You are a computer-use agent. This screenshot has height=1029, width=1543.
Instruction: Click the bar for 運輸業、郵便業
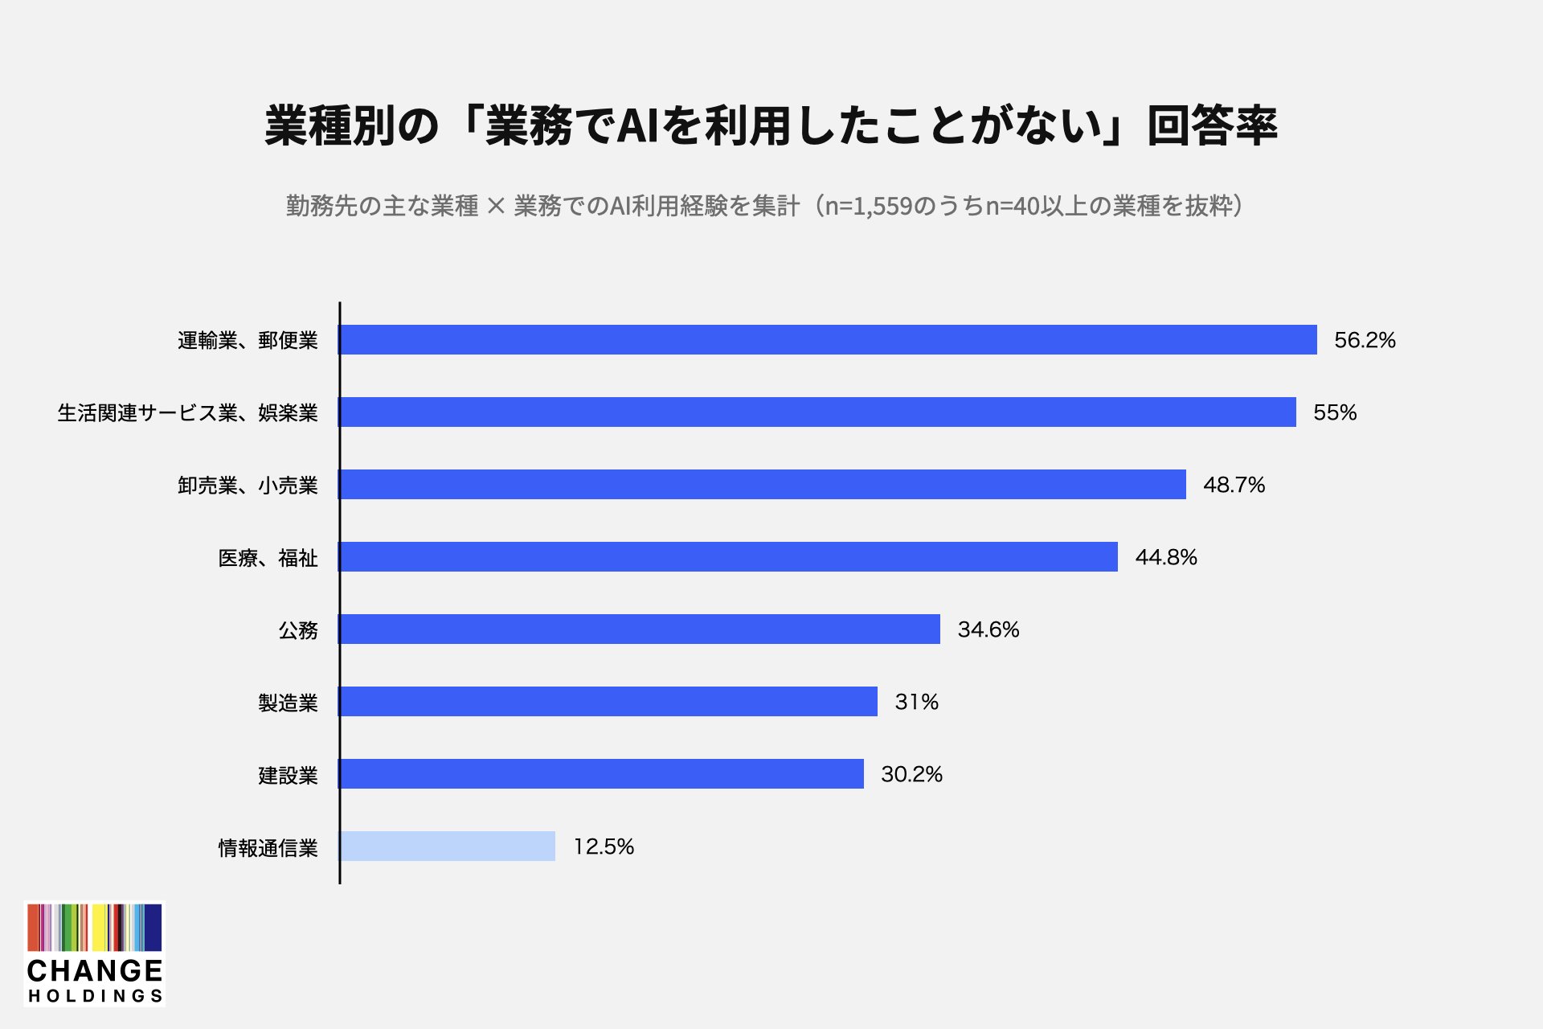828,339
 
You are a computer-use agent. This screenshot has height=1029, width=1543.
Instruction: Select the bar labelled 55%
817,412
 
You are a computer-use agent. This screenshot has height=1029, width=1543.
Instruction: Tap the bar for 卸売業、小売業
763,484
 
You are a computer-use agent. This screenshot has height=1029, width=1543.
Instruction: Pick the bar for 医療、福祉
728,556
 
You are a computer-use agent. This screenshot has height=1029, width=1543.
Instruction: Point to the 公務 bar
640,629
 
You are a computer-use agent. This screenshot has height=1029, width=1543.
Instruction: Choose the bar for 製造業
608,701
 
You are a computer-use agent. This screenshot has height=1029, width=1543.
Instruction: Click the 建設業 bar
601,773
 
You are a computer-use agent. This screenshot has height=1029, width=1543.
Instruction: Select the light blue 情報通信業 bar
447,846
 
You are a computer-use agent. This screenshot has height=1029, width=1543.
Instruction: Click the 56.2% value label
1365,340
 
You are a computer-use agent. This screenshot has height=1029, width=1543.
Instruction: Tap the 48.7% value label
1234,485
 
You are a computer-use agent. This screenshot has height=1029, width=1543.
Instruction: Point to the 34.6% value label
988,629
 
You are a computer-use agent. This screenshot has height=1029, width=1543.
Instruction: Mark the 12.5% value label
604,847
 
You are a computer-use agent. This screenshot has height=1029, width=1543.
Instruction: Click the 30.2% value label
911,774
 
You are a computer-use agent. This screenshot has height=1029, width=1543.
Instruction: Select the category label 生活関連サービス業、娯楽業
188,413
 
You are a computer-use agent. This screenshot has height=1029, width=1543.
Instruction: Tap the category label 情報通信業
268,847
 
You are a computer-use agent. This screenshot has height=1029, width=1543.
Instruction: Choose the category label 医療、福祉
268,558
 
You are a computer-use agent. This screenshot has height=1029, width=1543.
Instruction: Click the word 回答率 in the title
1212,126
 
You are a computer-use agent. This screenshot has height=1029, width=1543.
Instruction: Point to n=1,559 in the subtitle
869,207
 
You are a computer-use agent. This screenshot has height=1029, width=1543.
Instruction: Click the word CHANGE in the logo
95,970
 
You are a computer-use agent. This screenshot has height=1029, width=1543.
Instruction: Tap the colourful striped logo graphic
95,928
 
